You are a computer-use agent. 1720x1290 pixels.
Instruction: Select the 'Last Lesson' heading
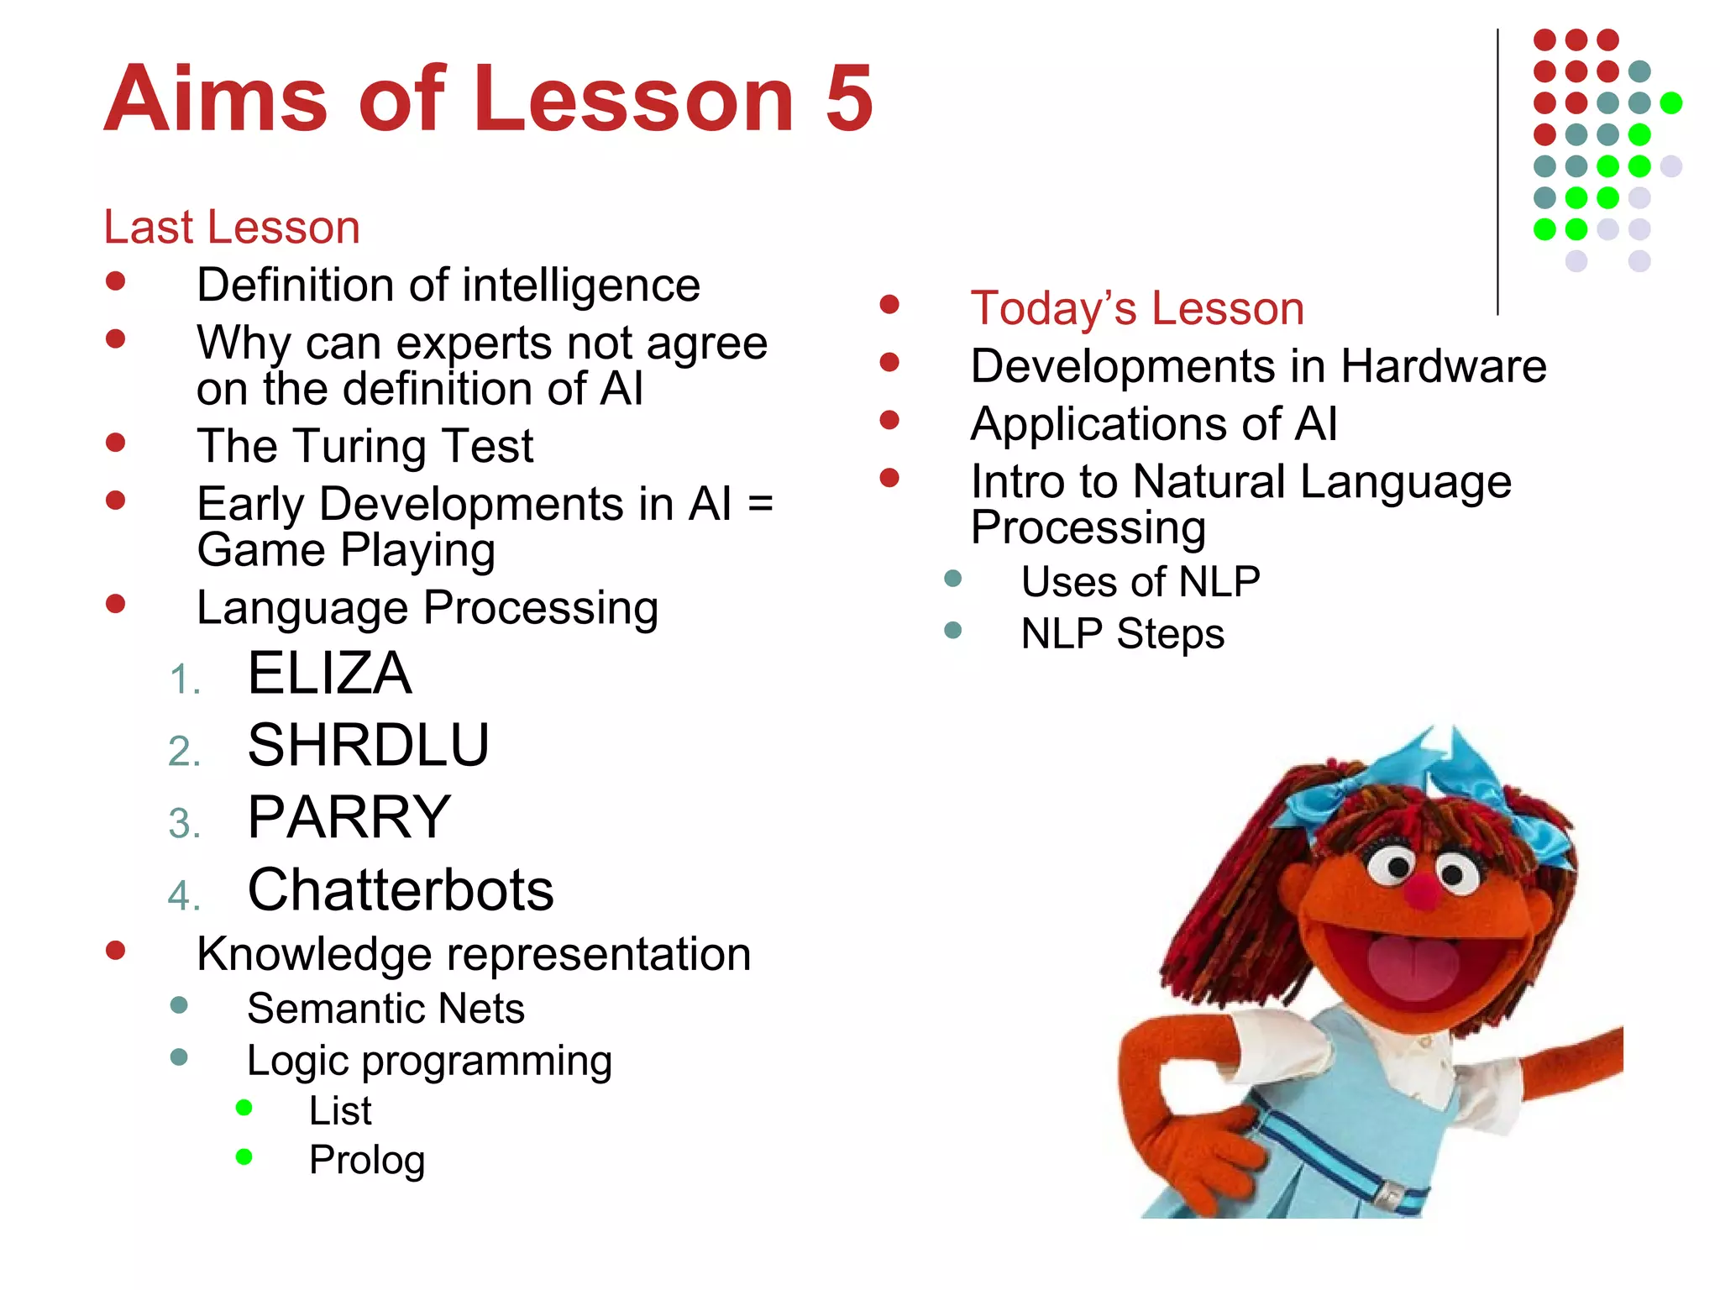pyautogui.click(x=232, y=227)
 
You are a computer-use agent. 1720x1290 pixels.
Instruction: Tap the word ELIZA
pyautogui.click(x=329, y=674)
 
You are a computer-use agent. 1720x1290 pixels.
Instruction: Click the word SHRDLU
pyautogui.click(x=368, y=746)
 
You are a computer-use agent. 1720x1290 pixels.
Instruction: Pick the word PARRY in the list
pyautogui.click(x=349, y=817)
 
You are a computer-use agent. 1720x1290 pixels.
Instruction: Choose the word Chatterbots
pyautogui.click(x=401, y=890)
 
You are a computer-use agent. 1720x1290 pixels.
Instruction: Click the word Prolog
pyautogui.click(x=367, y=1161)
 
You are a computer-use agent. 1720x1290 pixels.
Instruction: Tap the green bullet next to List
pyautogui.click(x=244, y=1108)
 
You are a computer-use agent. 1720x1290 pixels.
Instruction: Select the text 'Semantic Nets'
pyautogui.click(x=385, y=1009)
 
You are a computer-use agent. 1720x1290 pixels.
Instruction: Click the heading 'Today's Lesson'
pyautogui.click(x=1136, y=308)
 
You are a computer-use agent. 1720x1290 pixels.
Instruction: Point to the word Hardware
pyautogui.click(x=1443, y=367)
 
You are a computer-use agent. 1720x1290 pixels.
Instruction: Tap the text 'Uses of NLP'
pyautogui.click(x=1140, y=582)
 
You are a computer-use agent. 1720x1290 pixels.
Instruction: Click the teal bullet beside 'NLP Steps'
pyautogui.click(x=952, y=630)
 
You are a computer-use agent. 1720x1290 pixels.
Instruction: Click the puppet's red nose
pyautogui.click(x=1423, y=892)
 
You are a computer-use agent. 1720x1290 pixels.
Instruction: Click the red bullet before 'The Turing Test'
pyautogui.click(x=116, y=442)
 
